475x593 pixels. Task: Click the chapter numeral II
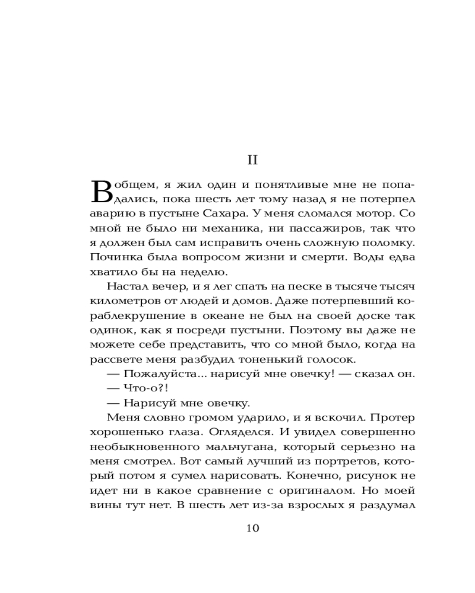tap(252, 160)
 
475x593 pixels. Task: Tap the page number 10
tap(252, 528)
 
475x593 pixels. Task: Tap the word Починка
tap(113, 257)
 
